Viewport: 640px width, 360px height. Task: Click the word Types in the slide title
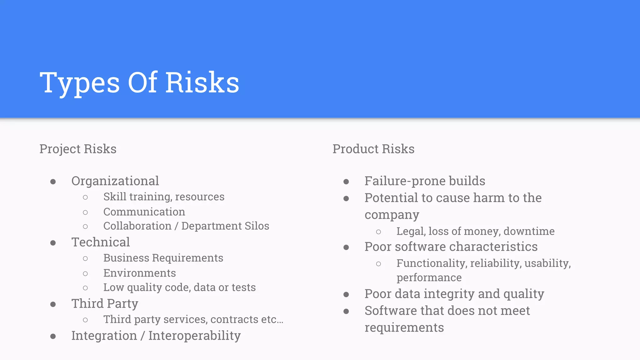[x=80, y=83]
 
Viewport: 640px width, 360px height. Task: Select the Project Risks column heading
[x=78, y=149]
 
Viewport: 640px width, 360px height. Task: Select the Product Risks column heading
[x=373, y=149]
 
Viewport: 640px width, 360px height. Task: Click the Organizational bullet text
[x=115, y=181]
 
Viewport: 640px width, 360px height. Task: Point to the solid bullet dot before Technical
[x=53, y=243]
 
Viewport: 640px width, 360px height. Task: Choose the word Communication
[x=144, y=212]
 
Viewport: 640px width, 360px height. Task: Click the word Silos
[x=257, y=226]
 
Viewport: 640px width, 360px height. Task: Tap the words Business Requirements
[x=163, y=258]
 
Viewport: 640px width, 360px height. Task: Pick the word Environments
[x=139, y=273]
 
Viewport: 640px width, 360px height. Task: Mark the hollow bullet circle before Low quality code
[x=85, y=288]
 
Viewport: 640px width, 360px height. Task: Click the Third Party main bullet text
[x=105, y=304]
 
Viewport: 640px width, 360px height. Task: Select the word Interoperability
[x=194, y=336]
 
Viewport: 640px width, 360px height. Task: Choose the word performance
[x=429, y=277]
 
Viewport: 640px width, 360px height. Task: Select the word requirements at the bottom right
[x=404, y=327]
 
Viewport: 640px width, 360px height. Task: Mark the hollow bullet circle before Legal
[x=378, y=232]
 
